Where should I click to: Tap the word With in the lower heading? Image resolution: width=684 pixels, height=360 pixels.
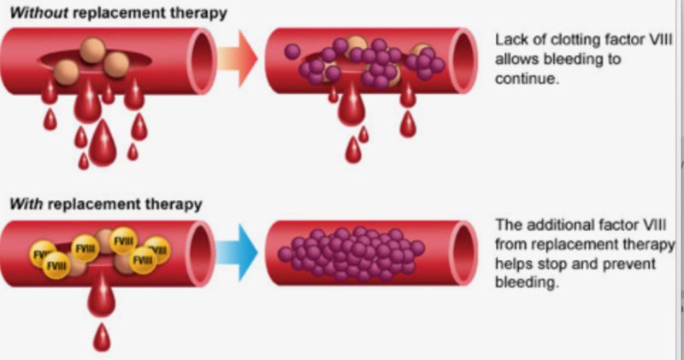click(x=23, y=204)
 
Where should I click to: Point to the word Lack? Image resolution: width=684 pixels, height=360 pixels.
click(x=511, y=38)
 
